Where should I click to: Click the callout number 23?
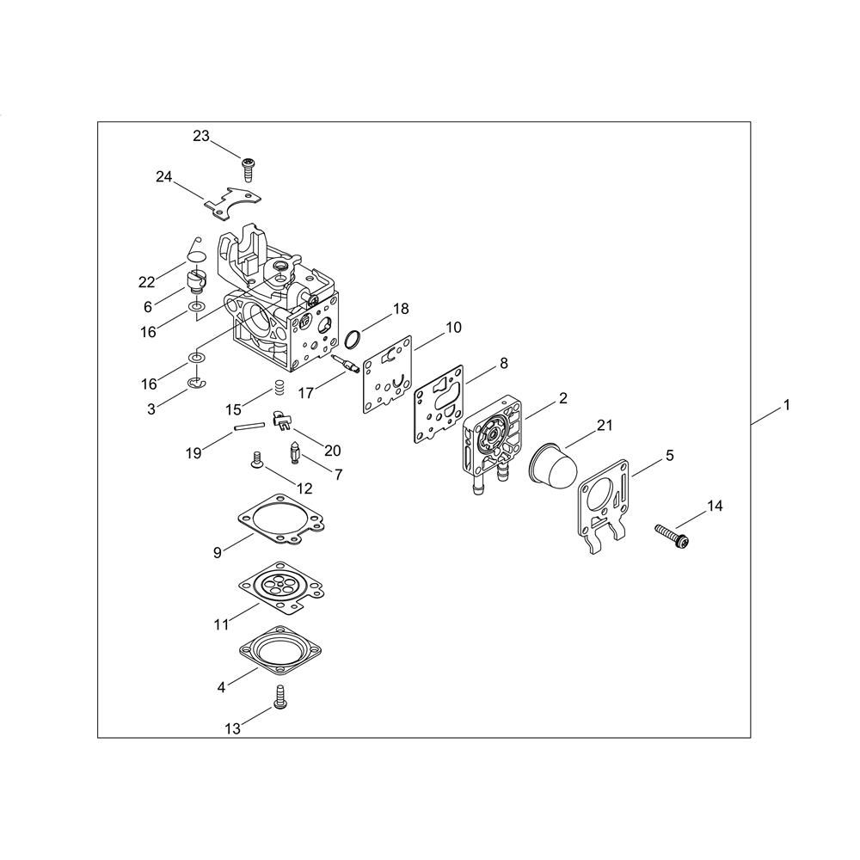coord(201,136)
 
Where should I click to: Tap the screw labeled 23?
coord(249,169)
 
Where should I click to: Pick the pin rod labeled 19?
coord(249,427)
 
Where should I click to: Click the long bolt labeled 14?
coord(672,535)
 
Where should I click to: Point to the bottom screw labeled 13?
coord(279,697)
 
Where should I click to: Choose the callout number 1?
coord(787,405)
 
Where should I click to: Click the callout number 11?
coord(221,624)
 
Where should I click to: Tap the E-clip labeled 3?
coord(196,384)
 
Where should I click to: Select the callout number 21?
coord(605,425)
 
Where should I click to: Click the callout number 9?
coord(218,553)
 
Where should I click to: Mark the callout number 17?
coord(306,393)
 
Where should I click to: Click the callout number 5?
coord(670,455)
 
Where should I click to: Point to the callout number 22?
coord(147,282)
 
